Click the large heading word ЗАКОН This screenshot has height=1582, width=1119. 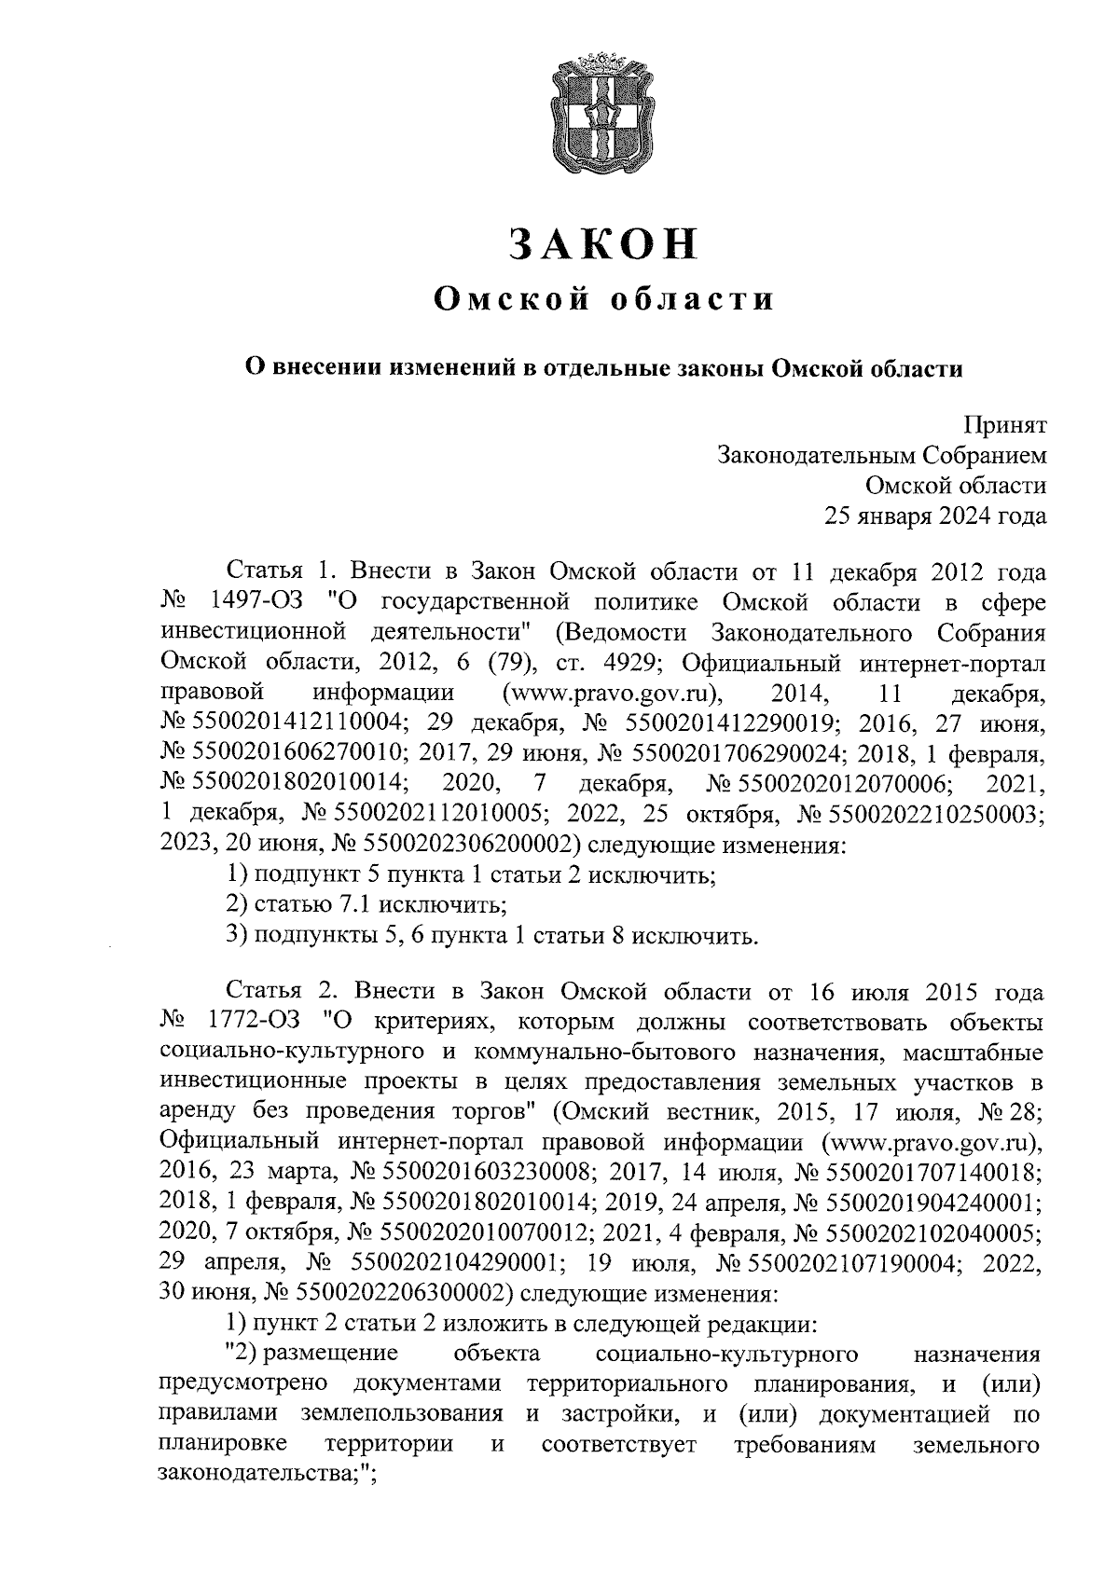604,243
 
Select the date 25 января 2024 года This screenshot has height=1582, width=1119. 933,516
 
